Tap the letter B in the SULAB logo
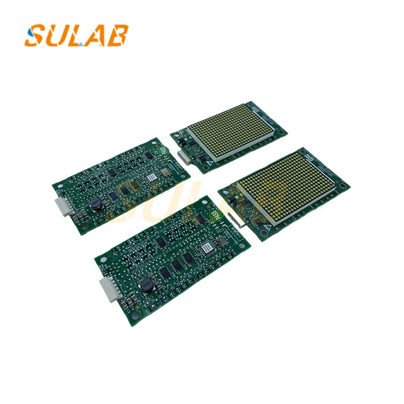point(119,35)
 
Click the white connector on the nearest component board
point(109,290)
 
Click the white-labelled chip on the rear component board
point(151,178)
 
